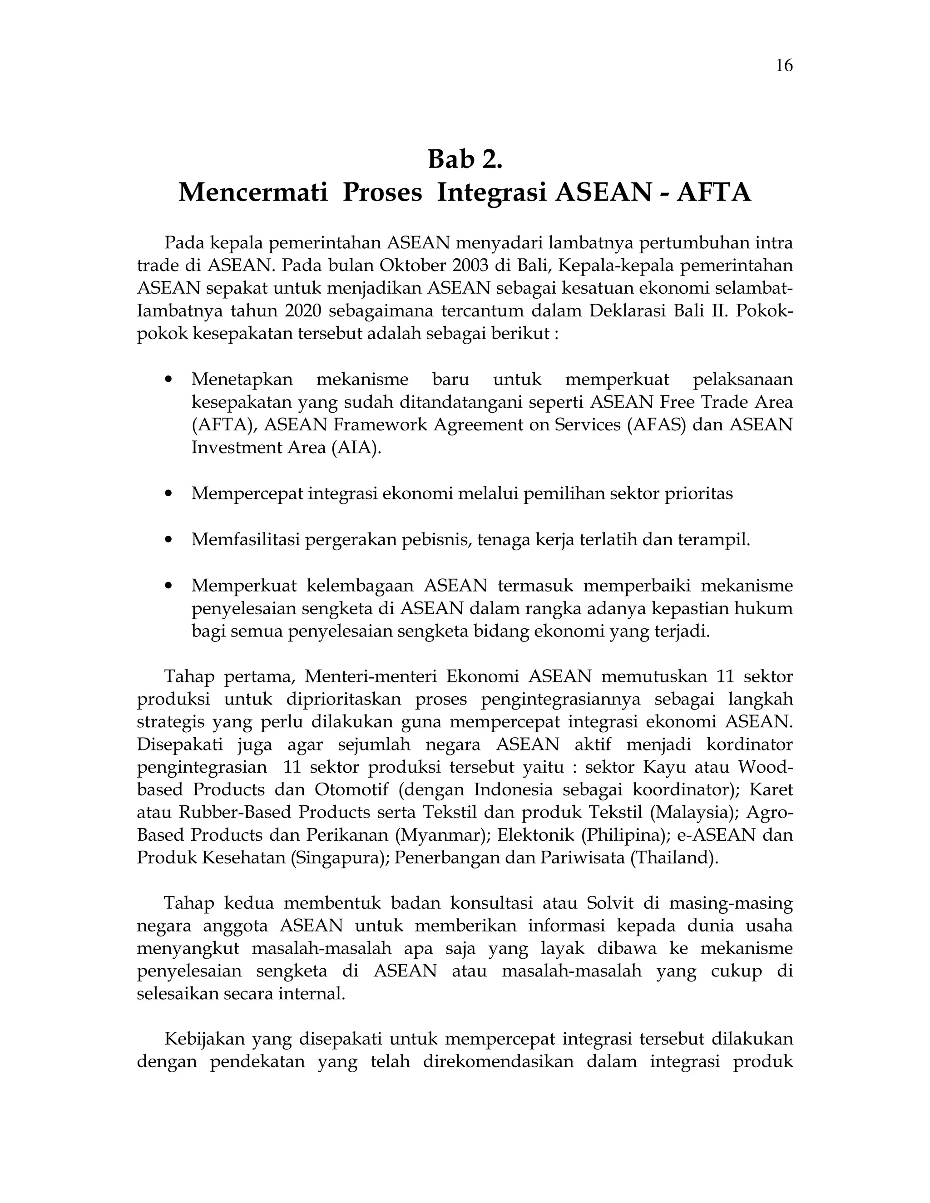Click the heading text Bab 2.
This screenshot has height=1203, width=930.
pos(465,160)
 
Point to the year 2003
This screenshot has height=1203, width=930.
pos(470,266)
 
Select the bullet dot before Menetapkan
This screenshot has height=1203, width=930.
pos(169,380)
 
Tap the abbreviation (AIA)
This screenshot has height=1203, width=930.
pos(356,448)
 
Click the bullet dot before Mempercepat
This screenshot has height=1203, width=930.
pos(169,494)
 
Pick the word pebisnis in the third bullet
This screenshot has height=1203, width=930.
pos(435,540)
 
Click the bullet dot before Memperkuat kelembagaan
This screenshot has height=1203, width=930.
pos(169,586)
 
